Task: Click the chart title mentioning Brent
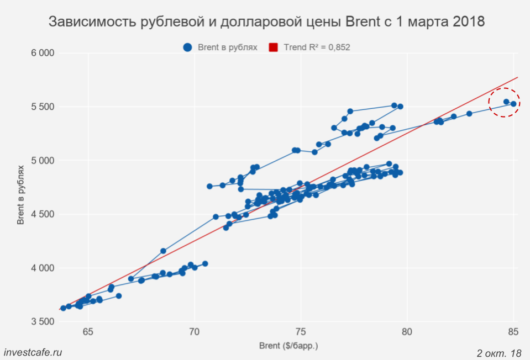point(266,22)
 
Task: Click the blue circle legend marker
point(188,47)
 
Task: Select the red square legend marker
point(273,47)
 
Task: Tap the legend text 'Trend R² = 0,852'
point(317,47)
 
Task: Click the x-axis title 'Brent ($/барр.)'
point(288,346)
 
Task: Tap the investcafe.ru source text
point(33,352)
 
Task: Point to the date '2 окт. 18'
point(498,352)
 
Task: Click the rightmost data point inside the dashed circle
point(513,104)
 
